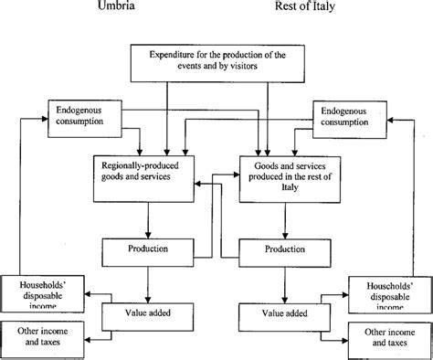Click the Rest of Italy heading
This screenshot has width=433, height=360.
pos(308,8)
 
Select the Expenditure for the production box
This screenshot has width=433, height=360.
pos(216,63)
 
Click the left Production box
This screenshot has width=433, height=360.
pos(147,249)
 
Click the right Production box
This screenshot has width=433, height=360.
pos(284,249)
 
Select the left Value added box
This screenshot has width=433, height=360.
pos(147,312)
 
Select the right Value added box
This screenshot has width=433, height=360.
pos(284,312)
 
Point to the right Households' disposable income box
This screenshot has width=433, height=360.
pos(387,291)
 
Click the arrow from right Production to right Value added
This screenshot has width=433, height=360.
pos(284,281)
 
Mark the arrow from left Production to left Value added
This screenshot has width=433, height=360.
pos(147,281)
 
